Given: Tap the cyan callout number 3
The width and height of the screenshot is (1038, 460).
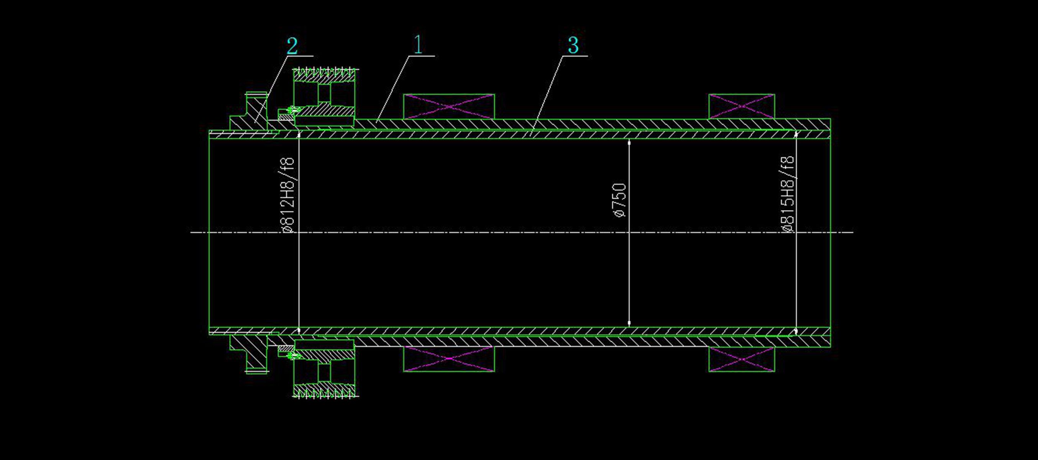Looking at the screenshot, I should pyautogui.click(x=573, y=45).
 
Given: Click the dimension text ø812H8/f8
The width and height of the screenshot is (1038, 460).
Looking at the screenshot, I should pyautogui.click(x=289, y=195).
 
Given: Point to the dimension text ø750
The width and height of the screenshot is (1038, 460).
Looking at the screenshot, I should pyautogui.click(x=620, y=200).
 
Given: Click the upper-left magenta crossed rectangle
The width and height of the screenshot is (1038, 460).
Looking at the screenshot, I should pyautogui.click(x=449, y=106).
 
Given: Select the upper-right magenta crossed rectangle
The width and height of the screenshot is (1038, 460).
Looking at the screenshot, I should pyautogui.click(x=741, y=106).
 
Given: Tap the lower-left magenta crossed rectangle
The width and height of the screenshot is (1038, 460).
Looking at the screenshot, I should pyautogui.click(x=449, y=358).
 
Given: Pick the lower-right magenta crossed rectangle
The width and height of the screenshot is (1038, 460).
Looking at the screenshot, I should pyautogui.click(x=741, y=359).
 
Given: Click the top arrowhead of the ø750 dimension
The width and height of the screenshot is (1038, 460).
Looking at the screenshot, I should pyautogui.click(x=629, y=142).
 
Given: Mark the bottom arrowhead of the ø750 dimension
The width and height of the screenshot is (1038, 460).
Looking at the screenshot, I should pyautogui.click(x=629, y=324).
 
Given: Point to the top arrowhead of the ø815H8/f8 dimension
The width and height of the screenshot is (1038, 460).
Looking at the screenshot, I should pyautogui.click(x=796, y=133).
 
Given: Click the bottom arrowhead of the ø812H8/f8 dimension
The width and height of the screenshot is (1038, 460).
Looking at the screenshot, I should pyautogui.click(x=299, y=330).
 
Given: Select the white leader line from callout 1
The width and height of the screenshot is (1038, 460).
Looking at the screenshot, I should pyautogui.click(x=393, y=89).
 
